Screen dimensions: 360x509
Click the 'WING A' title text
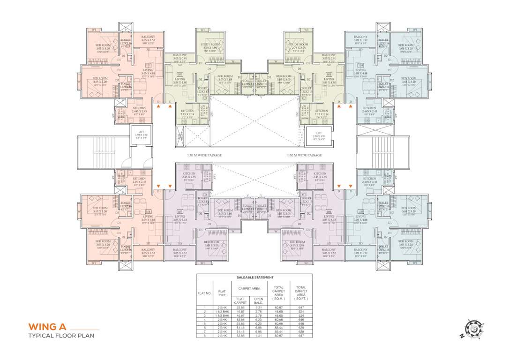click(49, 327)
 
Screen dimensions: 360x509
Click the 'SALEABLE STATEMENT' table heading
click(254, 277)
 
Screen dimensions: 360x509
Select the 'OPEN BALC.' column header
click(258, 300)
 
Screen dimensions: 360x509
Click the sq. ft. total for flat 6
click(301, 327)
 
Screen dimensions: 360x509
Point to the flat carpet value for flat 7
click(240, 331)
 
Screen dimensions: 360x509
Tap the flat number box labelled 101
click(148, 66)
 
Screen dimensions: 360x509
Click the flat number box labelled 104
click(360, 66)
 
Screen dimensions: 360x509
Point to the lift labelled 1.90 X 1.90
click(141, 135)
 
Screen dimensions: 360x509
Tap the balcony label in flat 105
click(360, 251)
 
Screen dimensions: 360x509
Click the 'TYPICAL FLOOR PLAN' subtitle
click(61, 336)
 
